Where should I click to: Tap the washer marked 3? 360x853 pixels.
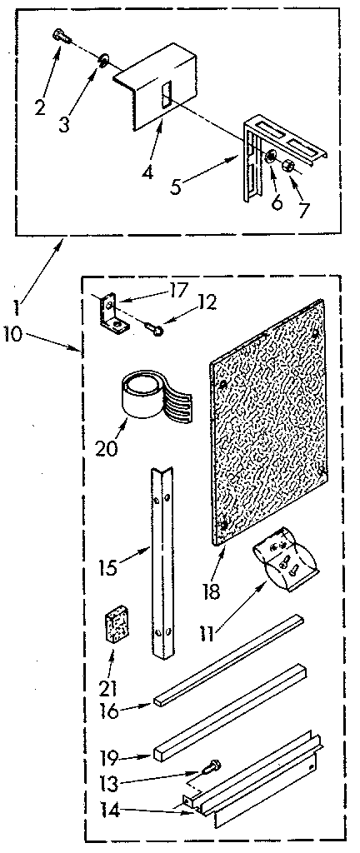click(102, 59)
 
